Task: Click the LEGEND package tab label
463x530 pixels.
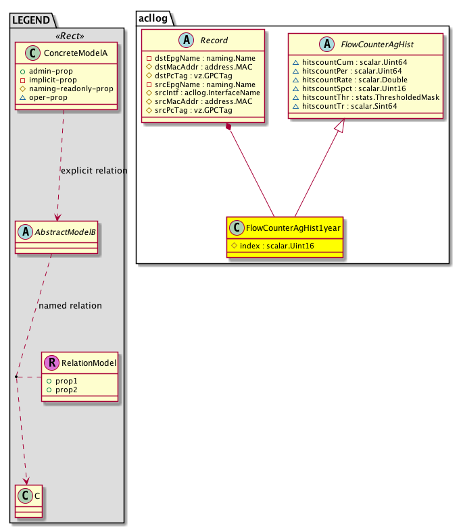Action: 29,16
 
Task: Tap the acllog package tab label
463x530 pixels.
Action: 153,16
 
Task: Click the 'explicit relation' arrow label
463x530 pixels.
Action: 93,171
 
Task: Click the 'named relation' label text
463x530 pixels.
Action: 70,306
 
